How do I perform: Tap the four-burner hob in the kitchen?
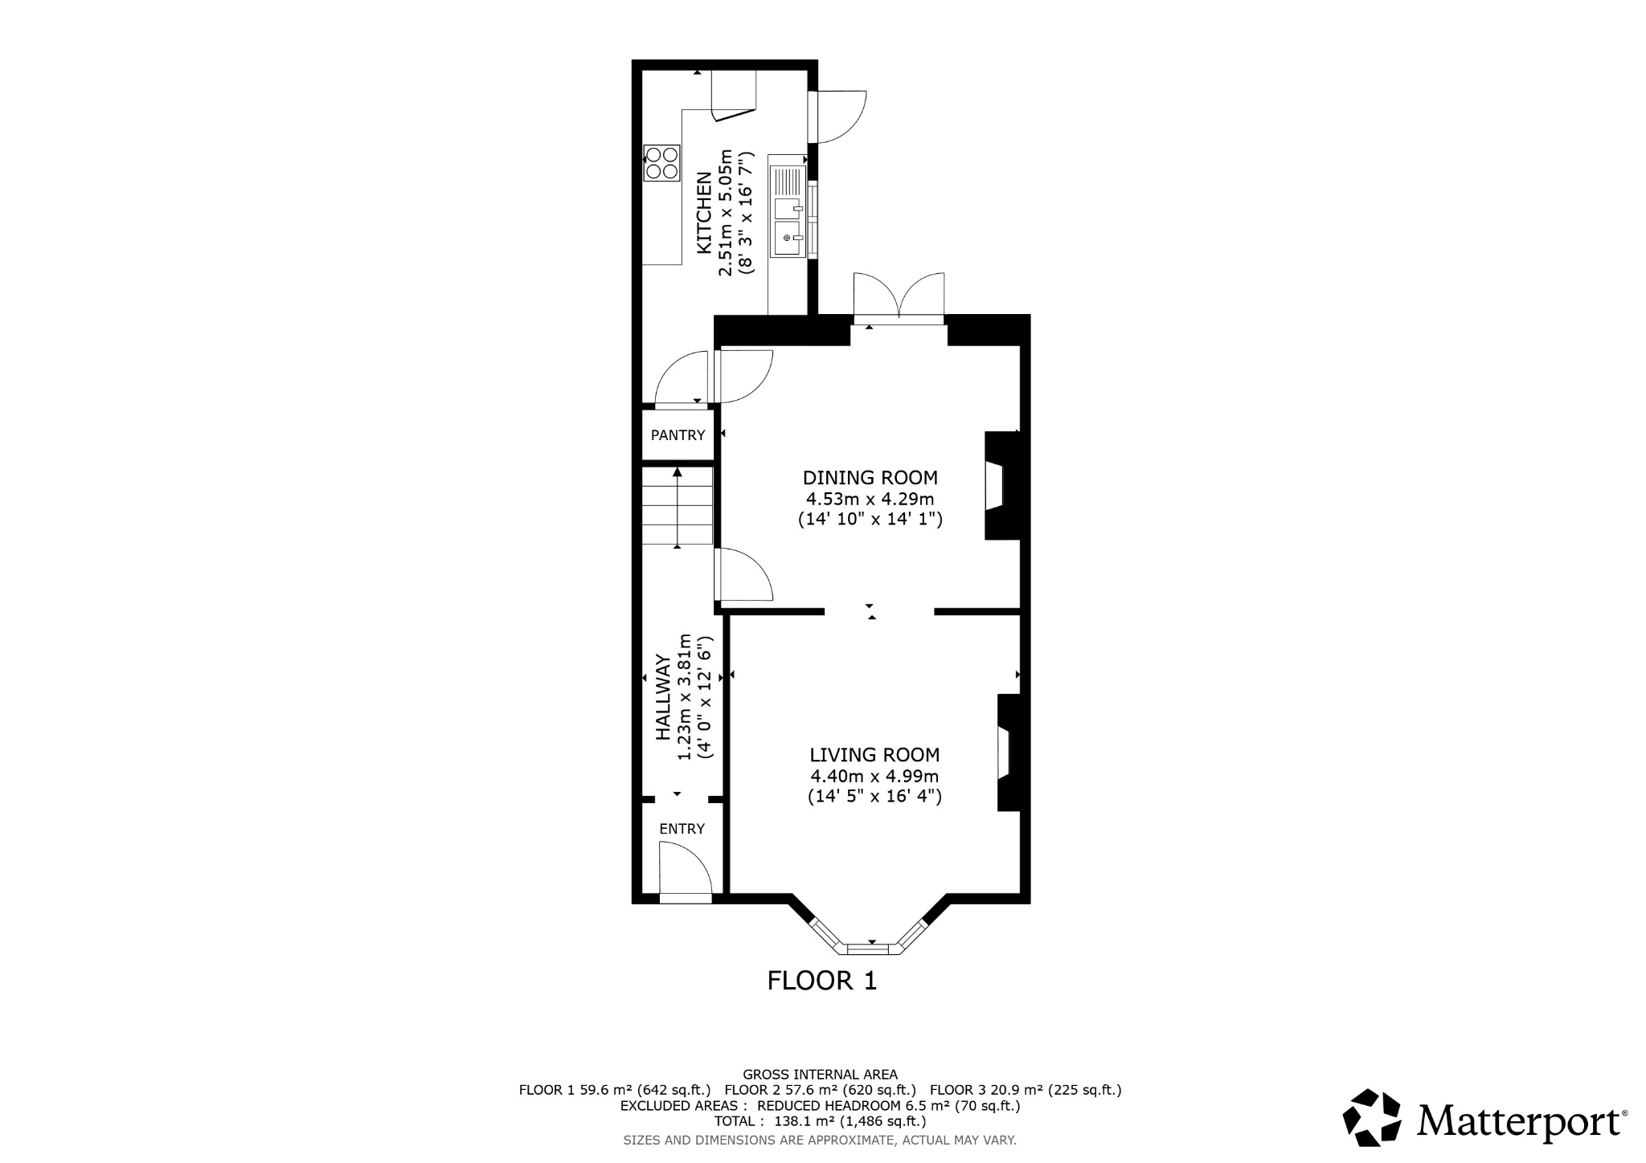[661, 163]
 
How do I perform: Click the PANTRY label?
[678, 435]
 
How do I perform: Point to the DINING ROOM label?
[870, 478]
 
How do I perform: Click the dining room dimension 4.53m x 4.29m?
[870, 499]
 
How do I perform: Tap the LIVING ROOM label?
[874, 755]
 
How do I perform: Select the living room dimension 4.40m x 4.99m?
[874, 776]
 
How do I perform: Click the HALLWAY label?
[664, 697]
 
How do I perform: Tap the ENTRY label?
[682, 829]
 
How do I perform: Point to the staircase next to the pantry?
[677, 508]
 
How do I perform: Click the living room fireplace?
[1008, 753]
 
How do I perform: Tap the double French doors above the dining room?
[899, 296]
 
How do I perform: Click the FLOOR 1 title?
[821, 981]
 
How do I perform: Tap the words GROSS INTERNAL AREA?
[820, 1074]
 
